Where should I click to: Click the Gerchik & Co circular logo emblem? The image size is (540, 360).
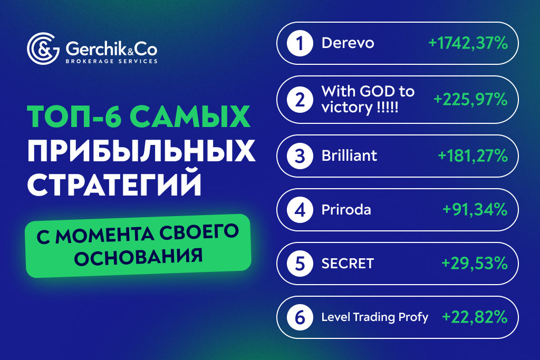[43, 50]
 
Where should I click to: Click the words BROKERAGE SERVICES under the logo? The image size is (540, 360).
[111, 61]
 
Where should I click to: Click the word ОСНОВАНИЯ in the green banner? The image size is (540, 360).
[139, 257]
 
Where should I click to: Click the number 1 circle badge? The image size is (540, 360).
[299, 43]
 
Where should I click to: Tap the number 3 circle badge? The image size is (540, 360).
[299, 156]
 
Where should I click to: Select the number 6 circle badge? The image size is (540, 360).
[299, 317]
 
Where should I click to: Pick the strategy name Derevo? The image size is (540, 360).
[348, 43]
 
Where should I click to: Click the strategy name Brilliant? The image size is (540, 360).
[349, 156]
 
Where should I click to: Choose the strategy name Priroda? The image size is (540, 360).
[346, 210]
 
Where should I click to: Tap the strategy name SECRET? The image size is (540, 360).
[348, 264]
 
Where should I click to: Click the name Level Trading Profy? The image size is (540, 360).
[374, 317]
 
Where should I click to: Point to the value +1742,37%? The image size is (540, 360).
[468, 43]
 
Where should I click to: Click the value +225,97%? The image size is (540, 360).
[470, 99]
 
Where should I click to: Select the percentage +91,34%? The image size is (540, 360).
[475, 210]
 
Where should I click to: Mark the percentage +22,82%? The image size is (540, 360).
[475, 317]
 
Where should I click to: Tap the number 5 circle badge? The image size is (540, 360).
[299, 264]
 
